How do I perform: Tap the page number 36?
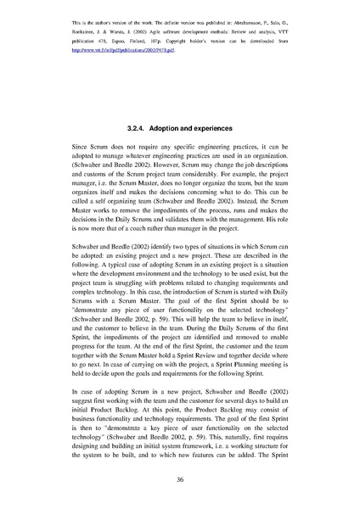(x=180, y=480)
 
